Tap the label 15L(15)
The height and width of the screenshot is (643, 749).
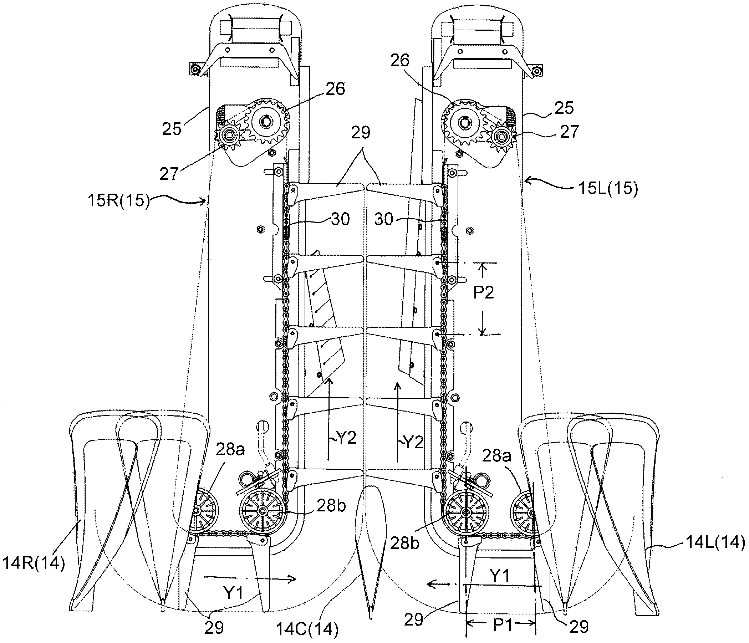608,189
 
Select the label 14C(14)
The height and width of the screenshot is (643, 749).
307,630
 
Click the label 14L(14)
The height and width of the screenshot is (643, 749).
715,542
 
